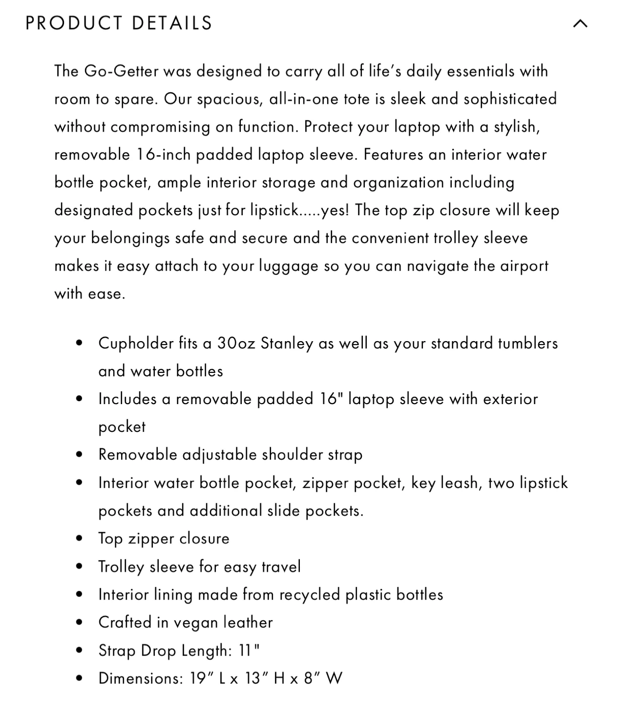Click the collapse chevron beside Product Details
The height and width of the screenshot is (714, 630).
(580, 23)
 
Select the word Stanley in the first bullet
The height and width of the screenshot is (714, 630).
(287, 343)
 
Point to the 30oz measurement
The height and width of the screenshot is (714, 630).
(236, 343)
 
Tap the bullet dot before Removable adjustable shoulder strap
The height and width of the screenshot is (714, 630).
(79, 454)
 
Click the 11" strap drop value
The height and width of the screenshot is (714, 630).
(249, 650)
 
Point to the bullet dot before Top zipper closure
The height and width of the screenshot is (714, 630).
(79, 538)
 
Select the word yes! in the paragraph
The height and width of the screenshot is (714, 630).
(335, 210)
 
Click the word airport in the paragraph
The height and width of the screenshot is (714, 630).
(524, 266)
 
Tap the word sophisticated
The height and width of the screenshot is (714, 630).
(510, 99)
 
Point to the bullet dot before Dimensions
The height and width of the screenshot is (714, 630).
(79, 678)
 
